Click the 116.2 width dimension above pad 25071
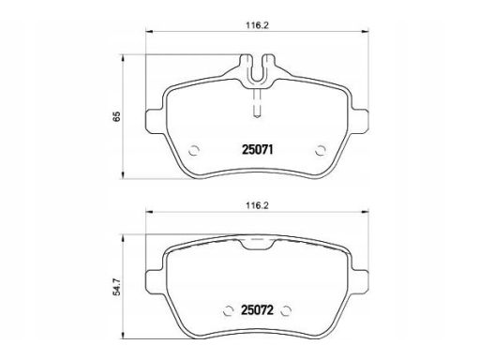[257, 25]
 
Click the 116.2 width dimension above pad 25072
[257, 205]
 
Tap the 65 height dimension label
[116, 116]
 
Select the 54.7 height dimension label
[116, 288]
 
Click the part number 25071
[258, 150]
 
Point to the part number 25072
[257, 310]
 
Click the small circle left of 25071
[194, 150]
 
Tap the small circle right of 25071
[321, 150]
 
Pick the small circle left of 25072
[229, 310]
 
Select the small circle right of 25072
[286, 310]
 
